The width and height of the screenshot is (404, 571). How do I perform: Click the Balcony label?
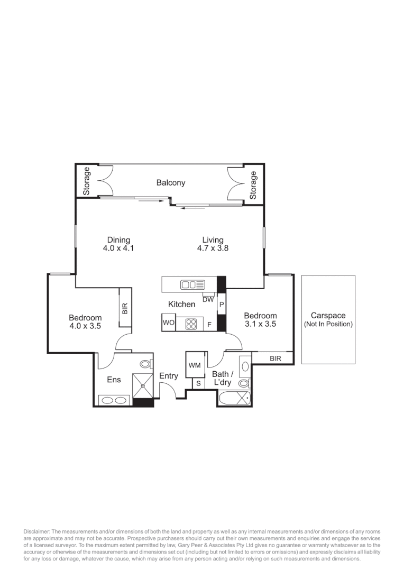(x=170, y=183)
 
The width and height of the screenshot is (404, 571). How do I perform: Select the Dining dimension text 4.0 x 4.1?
(x=117, y=247)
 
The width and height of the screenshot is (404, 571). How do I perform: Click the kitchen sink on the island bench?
(x=192, y=284)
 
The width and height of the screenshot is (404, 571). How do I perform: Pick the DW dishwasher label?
(x=208, y=299)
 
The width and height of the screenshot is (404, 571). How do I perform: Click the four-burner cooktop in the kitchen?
(x=191, y=323)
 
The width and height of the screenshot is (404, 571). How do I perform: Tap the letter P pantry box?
(x=222, y=305)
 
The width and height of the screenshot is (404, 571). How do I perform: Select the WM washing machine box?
(x=194, y=365)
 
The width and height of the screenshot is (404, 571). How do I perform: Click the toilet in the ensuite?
(x=146, y=364)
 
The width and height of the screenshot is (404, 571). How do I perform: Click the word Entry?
(x=169, y=376)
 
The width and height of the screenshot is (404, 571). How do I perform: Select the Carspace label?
(x=328, y=316)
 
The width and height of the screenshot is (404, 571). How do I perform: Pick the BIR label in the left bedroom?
(x=125, y=308)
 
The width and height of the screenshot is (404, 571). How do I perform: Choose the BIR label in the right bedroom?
(x=275, y=358)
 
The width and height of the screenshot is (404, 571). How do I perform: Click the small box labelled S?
(x=198, y=383)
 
